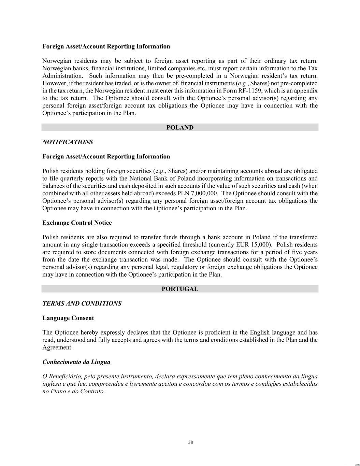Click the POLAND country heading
pyautogui.click(x=180, y=128)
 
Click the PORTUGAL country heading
pyautogui.click(x=180, y=289)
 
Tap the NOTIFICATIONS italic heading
pyautogui.click(x=68, y=142)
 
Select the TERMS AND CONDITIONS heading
pyautogui.click(x=82, y=303)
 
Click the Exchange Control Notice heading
pyautogui.click(x=77, y=223)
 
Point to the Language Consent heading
pyautogui.click(x=68, y=318)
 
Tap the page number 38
pyautogui.click(x=190, y=442)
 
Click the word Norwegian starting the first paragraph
pyautogui.click(x=57, y=61)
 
